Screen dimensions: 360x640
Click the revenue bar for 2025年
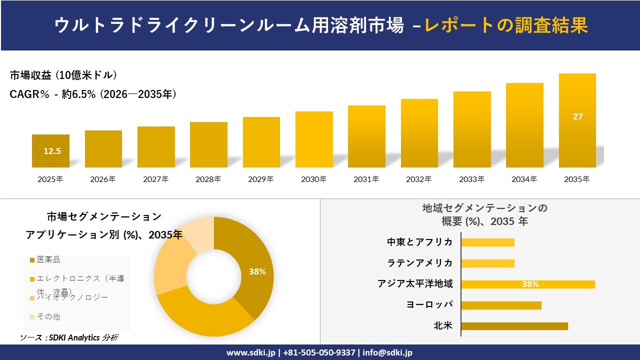pos(50,151)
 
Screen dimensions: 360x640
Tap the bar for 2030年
pos(314,139)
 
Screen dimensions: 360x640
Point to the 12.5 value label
pos(52,151)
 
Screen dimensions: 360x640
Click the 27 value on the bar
pos(577,116)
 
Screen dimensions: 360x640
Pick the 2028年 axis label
pos(208,179)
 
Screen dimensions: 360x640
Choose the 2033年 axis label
pos(471,179)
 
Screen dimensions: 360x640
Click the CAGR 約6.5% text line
pos(93,94)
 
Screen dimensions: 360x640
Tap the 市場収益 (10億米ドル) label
pos(63,75)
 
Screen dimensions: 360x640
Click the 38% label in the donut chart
pos(257,272)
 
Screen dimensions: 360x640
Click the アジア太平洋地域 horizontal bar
pos(527,284)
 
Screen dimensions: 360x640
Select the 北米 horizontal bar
pos(514,326)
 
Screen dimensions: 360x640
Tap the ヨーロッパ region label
pos(429,305)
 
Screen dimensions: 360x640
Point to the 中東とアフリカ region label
pos(419,242)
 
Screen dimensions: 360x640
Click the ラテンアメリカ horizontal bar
pos(487,263)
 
